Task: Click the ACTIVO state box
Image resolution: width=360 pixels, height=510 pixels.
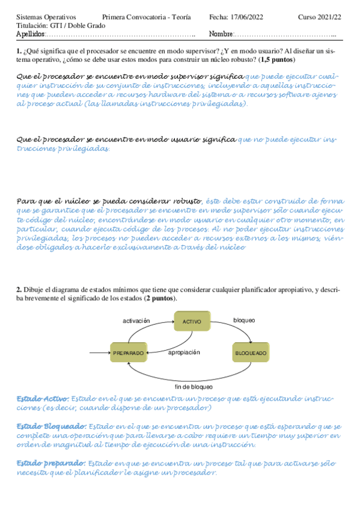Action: pyautogui.click(x=192, y=322)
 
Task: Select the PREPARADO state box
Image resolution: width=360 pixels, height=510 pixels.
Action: pyautogui.click(x=129, y=352)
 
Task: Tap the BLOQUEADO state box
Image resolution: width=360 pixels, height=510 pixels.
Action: pyautogui.click(x=250, y=352)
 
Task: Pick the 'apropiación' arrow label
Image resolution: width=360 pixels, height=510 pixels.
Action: pyautogui.click(x=184, y=352)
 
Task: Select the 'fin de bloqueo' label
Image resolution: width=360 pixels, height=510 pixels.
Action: pyautogui.click(x=194, y=386)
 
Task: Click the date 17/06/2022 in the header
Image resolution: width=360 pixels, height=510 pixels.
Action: pyautogui.click(x=248, y=17)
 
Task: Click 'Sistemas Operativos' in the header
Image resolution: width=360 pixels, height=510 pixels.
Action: pyautogui.click(x=43, y=17)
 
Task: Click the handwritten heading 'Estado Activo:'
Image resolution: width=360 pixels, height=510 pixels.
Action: pyautogui.click(x=43, y=399)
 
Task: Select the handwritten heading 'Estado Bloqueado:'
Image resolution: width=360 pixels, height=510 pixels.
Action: pyautogui.click(x=50, y=426)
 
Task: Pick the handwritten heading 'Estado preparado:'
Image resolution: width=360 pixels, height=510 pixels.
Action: pyautogui.click(x=50, y=463)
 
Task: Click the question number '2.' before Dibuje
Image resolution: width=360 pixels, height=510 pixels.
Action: pyautogui.click(x=19, y=290)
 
